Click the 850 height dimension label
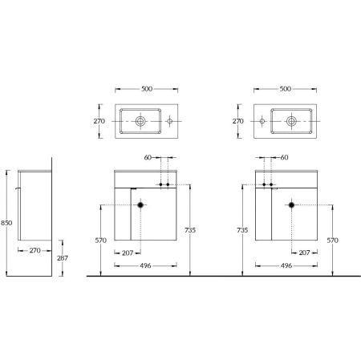[x=6, y=223]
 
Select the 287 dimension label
[x=63, y=258]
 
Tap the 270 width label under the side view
[x=35, y=250]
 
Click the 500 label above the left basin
[x=147, y=89]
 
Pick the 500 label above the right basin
[x=286, y=89]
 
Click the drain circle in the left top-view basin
[x=140, y=121]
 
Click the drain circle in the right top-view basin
[x=291, y=121]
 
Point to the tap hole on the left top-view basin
[x=169, y=121]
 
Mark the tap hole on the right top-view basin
[x=262, y=121]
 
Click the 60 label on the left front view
[x=148, y=158]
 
